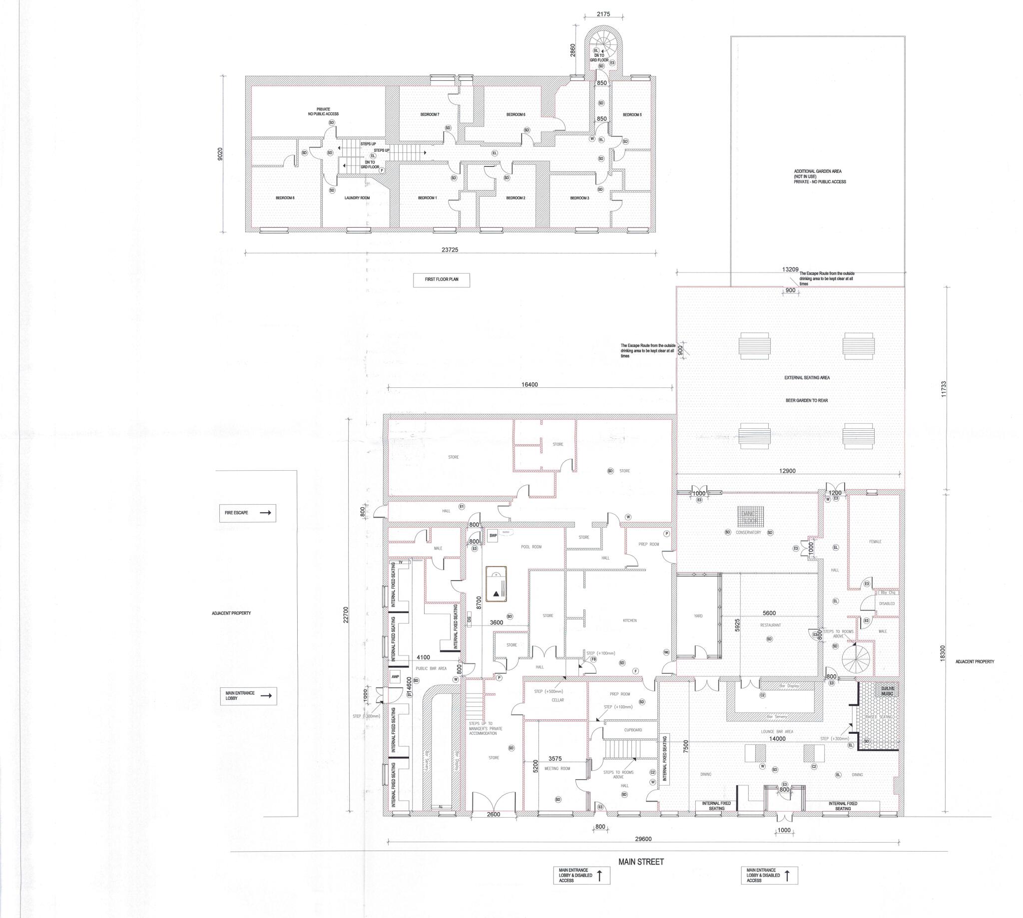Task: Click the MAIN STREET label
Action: coord(641,862)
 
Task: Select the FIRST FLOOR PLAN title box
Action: coord(441,280)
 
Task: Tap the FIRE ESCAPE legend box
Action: coord(247,513)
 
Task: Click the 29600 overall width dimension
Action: coord(643,839)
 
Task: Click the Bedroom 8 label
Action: coord(285,198)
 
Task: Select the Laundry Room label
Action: coord(357,198)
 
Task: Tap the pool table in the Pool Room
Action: coord(496,583)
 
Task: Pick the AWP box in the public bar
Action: coord(395,677)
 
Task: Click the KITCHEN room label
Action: coord(629,620)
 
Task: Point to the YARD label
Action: coord(698,616)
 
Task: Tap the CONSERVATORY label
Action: coord(748,533)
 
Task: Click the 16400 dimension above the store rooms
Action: coord(529,384)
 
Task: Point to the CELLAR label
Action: coord(557,700)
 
